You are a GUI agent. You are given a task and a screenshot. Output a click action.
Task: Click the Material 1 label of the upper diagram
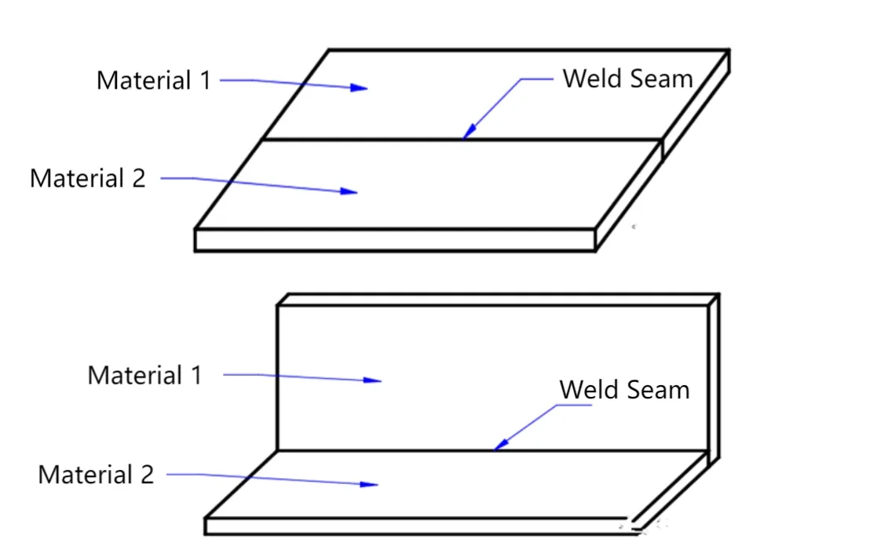tap(154, 80)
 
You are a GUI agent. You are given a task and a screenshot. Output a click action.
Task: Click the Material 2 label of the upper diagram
tap(88, 178)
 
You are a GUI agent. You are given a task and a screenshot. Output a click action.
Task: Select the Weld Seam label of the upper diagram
tap(628, 78)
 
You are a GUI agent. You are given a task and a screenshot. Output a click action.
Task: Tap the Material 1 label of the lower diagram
tap(145, 375)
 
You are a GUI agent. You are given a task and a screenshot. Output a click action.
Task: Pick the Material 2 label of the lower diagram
tap(96, 475)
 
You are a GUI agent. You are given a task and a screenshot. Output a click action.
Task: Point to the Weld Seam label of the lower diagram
tap(624, 390)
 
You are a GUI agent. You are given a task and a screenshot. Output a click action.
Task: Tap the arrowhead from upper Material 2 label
tap(350, 191)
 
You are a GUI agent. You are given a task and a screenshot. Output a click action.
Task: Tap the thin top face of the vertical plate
tap(498, 300)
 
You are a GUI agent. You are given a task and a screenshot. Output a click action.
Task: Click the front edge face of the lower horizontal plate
tap(416, 526)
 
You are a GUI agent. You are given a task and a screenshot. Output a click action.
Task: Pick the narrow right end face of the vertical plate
tap(714, 377)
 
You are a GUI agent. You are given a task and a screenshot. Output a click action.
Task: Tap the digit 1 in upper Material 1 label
tap(205, 80)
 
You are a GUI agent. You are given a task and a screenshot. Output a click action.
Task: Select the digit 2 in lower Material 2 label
tap(146, 475)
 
